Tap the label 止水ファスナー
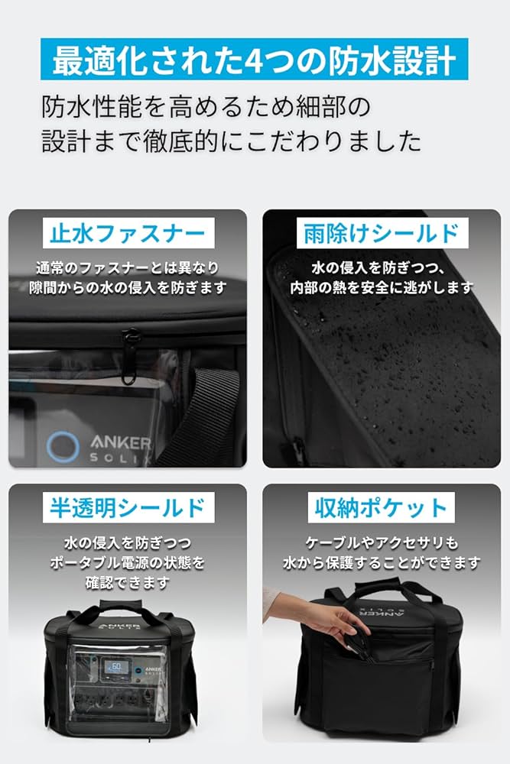click(x=128, y=231)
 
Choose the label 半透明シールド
click(x=128, y=507)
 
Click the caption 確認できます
click(x=128, y=582)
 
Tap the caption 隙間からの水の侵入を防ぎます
click(x=128, y=288)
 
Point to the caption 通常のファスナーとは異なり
click(x=128, y=268)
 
